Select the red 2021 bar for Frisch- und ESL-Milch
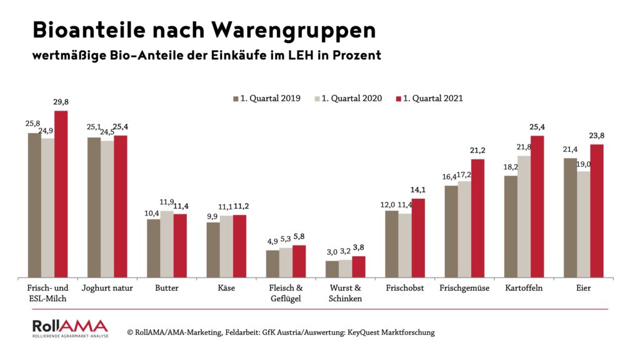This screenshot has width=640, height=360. click(x=61, y=194)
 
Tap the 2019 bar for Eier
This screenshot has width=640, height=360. click(x=570, y=218)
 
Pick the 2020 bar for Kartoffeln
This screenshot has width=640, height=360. click(x=524, y=217)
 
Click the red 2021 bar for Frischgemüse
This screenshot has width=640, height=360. click(x=477, y=219)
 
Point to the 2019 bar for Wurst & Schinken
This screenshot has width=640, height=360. click(x=332, y=269)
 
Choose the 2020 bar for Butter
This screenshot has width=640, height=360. click(x=166, y=244)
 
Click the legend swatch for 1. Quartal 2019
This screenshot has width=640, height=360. click(x=236, y=99)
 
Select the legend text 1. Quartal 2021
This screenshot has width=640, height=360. click(x=433, y=99)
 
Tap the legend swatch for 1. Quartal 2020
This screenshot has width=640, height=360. click(x=317, y=99)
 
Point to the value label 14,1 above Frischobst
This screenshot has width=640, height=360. click(x=418, y=191)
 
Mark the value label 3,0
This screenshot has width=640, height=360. click(x=332, y=252)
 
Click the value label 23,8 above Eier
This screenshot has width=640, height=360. click(x=596, y=136)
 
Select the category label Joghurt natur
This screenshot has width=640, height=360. click(x=107, y=289)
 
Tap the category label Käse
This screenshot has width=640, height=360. click(x=226, y=289)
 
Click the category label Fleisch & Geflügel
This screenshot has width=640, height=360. click(x=285, y=293)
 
